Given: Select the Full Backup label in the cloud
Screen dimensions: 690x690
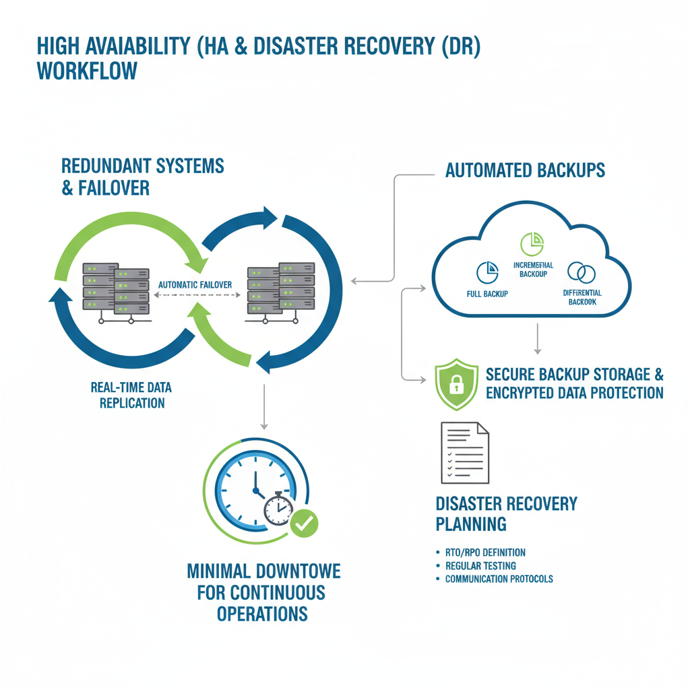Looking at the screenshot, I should pos(487,294).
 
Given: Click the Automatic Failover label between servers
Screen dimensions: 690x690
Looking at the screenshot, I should pos(195,285).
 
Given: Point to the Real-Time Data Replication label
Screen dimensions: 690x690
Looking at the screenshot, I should pos(131,396).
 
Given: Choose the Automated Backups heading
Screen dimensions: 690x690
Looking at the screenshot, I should pos(525,170).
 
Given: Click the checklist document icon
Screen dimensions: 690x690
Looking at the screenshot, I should pos(464,452).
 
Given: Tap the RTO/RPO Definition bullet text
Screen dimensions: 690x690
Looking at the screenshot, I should pos(485,553).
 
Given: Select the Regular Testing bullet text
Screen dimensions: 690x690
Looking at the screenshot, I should pos(480,566).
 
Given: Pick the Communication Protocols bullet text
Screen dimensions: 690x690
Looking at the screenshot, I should pos(499,579).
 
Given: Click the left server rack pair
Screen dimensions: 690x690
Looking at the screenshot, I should pos(115,288).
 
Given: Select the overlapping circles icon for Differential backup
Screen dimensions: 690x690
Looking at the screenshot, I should pos(581,272).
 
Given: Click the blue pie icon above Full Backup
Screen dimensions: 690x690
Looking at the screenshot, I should pos(487,272).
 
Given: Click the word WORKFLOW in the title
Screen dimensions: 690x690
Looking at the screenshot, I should pos(88,71).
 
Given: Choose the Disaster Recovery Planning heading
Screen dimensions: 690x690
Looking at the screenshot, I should pos(507,513).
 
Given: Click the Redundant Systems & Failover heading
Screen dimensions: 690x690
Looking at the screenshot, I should pos(143,177).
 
